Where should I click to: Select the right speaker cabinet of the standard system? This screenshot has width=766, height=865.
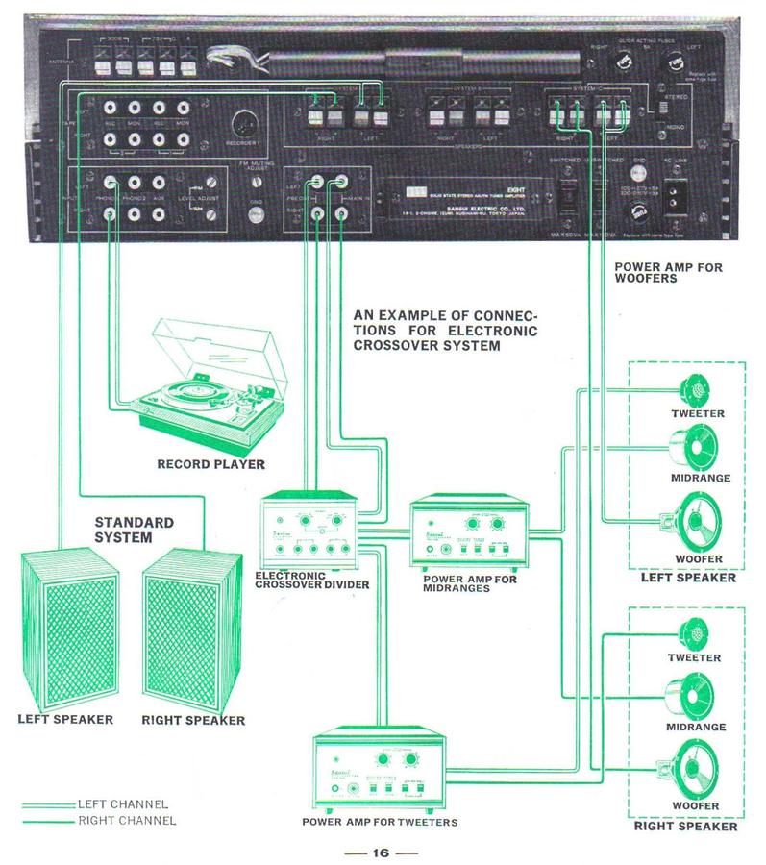click(x=189, y=626)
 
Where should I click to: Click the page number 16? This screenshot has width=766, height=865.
click(x=382, y=852)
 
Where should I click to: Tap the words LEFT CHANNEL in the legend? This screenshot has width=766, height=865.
click(x=123, y=803)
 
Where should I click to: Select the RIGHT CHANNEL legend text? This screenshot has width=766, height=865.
click(x=127, y=821)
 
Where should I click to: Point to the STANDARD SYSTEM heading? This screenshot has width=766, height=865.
click(x=135, y=530)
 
